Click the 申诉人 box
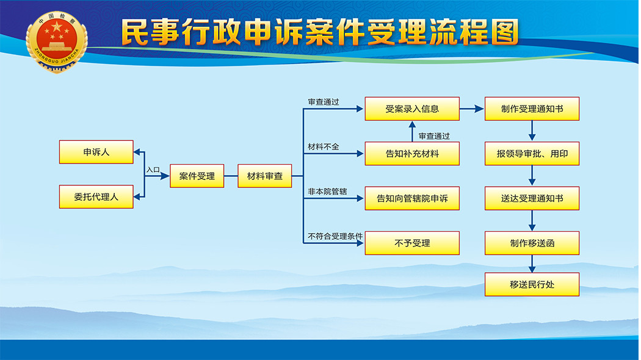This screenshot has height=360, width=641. click(96, 152)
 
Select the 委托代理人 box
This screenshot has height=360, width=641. click(96, 197)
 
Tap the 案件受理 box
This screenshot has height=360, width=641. click(197, 176)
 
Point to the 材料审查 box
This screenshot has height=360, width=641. click(265, 176)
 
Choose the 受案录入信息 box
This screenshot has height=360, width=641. click(412, 109)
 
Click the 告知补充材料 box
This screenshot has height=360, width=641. click(412, 154)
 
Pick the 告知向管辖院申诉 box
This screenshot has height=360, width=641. click(412, 198)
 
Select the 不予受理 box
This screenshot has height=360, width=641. click(412, 243)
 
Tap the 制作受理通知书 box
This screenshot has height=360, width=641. click(532, 109)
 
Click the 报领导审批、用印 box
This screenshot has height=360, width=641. click(532, 154)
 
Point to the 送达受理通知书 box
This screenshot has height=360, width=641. click(532, 198)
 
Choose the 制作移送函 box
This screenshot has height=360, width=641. click(532, 243)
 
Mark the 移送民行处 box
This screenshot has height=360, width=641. click(532, 284)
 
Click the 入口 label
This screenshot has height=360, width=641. click(153, 170)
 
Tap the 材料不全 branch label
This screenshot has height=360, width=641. click(324, 146)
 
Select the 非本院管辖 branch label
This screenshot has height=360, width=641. click(327, 191)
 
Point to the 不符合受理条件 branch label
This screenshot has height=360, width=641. click(335, 236)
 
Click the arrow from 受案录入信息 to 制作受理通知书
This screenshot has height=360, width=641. click(472, 109)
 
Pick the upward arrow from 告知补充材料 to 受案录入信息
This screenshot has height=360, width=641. click(412, 132)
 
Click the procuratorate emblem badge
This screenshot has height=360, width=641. click(56, 42)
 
